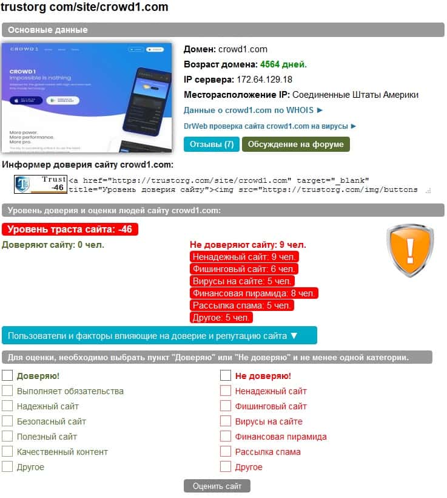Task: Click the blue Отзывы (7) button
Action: [x=212, y=144]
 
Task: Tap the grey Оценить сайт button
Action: [x=217, y=486]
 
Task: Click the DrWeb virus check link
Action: [x=270, y=126]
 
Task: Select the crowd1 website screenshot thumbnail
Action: [x=84, y=98]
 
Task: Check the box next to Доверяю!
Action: [x=7, y=376]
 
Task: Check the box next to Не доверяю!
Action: [x=226, y=376]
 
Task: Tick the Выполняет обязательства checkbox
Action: [x=7, y=391]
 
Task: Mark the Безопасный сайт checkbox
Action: [x=7, y=421]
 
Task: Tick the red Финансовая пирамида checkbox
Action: [x=226, y=437]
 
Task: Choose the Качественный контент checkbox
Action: [x=7, y=452]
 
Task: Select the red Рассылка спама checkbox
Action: [x=226, y=452]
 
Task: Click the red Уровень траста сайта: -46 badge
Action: [x=70, y=230]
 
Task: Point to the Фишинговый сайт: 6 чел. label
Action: [x=244, y=269]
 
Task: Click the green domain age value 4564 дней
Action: [x=283, y=64]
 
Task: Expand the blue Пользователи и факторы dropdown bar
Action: [x=159, y=335]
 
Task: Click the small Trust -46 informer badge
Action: [x=41, y=183]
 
